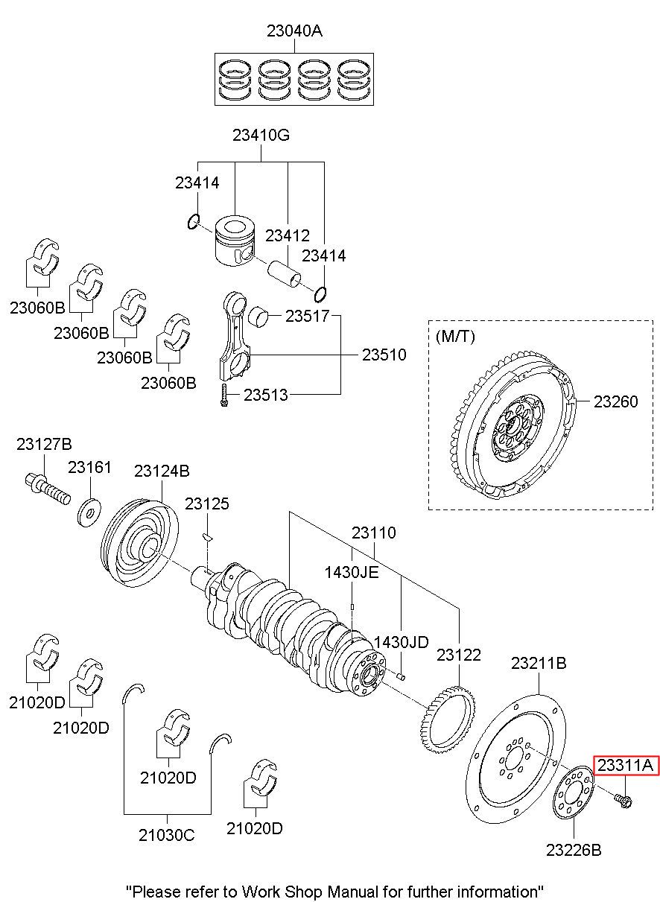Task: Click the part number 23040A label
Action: tap(294, 31)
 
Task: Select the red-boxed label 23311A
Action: tap(626, 765)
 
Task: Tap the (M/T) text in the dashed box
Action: tap(455, 336)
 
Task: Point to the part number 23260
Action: tap(616, 401)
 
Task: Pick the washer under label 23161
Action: tap(89, 513)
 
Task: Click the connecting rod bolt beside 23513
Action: tap(224, 395)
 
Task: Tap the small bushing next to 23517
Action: tap(257, 317)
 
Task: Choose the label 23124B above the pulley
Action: tap(162, 471)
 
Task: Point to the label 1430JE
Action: tap(352, 572)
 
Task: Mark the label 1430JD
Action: tap(401, 642)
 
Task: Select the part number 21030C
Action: tap(166, 836)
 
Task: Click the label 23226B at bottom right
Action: tap(574, 850)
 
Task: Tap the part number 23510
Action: tap(384, 355)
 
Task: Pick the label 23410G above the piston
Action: tap(261, 135)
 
